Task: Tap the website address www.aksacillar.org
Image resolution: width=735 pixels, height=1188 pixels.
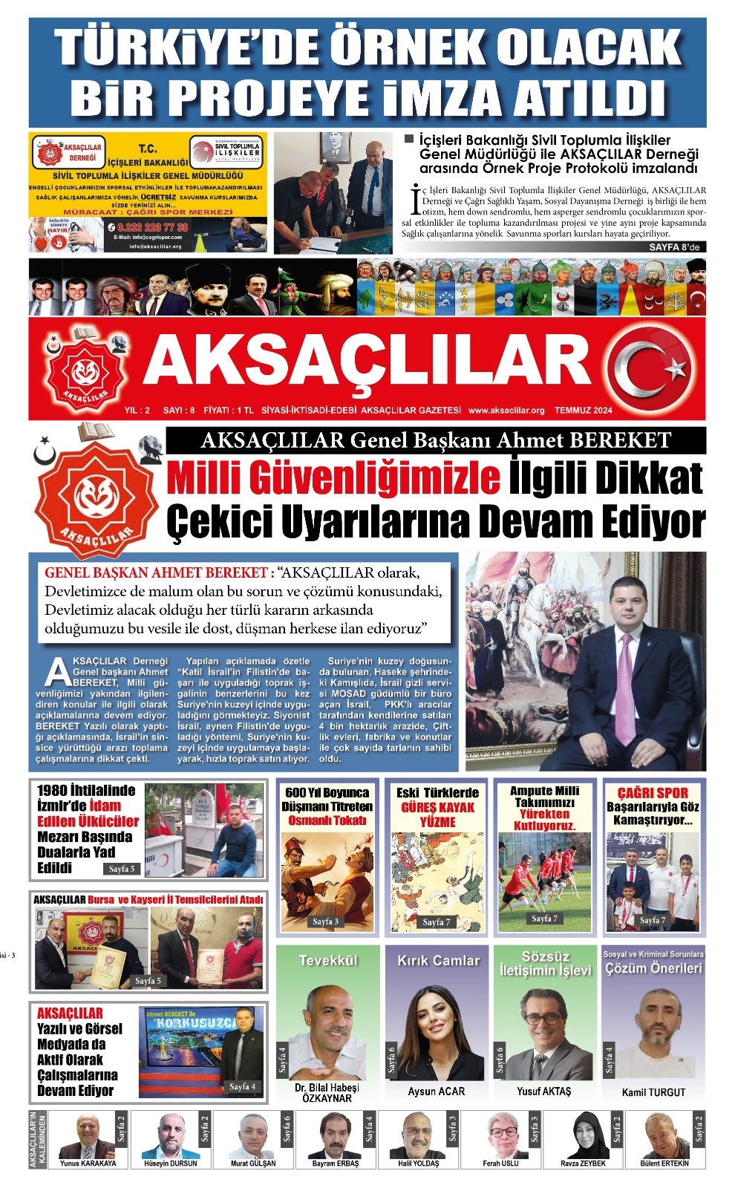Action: (506, 410)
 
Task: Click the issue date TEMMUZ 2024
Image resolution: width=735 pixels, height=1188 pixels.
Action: (583, 410)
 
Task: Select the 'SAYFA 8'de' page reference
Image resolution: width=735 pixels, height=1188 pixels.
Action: (673, 247)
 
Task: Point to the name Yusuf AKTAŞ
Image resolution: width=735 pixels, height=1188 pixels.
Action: (544, 1091)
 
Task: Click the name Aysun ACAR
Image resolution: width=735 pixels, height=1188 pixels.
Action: (437, 1091)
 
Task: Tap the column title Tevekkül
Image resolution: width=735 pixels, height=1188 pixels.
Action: (328, 960)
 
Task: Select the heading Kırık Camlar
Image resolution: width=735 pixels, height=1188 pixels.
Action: (438, 960)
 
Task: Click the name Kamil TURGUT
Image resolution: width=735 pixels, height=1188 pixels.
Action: (653, 1092)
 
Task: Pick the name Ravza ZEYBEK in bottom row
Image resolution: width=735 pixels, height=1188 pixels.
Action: (583, 1163)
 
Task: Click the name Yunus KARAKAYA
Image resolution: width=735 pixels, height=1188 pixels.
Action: (88, 1163)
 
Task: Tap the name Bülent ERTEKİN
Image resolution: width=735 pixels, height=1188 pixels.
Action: (664, 1163)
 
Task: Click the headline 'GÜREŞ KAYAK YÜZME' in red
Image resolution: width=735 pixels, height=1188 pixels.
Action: (437, 814)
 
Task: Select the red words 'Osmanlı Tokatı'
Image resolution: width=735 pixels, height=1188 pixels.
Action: (327, 820)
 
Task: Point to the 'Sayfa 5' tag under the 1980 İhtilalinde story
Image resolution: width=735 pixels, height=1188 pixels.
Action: (122, 869)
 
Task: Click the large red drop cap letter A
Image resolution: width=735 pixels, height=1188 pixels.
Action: (57, 671)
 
